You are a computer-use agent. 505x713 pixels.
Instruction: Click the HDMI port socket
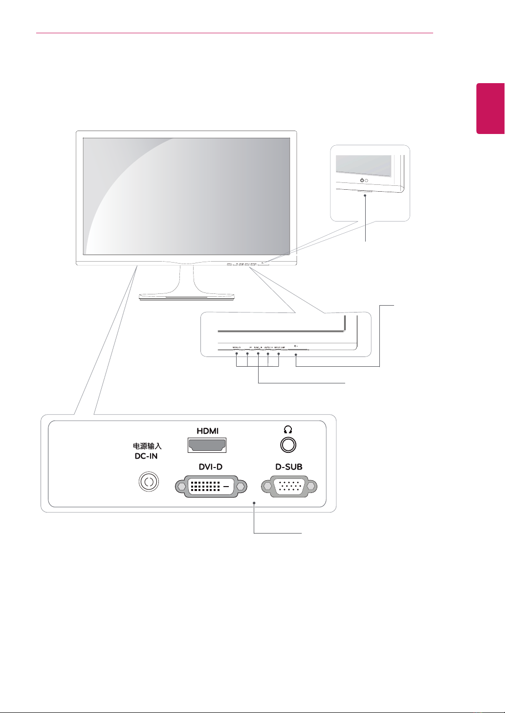point(207,446)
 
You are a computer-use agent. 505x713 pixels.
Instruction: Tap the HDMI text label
point(207,431)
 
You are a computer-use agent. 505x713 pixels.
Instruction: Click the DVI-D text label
point(210,467)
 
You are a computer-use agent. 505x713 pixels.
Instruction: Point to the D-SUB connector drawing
point(289,487)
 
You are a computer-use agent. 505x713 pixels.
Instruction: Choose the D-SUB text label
point(289,467)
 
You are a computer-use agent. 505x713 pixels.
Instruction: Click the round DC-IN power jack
point(148,482)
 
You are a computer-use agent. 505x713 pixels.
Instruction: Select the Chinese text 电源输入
point(147,446)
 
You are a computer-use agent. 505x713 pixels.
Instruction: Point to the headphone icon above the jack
point(287,430)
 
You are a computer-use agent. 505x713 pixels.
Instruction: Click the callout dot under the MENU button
point(237,353)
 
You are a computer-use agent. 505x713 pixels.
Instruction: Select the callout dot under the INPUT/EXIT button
point(279,353)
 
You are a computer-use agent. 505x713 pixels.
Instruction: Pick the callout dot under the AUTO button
point(268,353)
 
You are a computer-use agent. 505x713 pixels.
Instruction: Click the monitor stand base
point(187,296)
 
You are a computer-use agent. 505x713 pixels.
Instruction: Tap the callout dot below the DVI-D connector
point(254,502)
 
